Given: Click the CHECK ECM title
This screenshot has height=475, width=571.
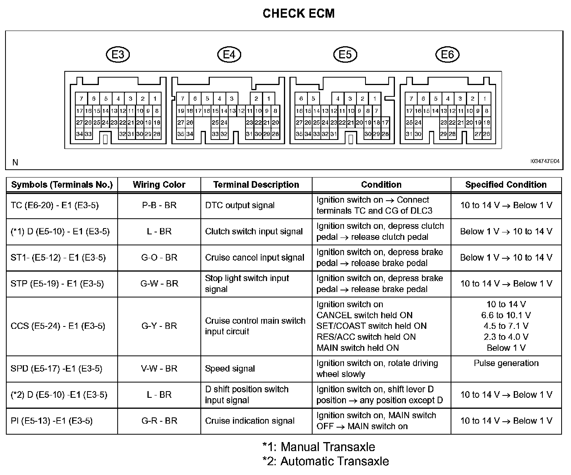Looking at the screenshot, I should [298, 13].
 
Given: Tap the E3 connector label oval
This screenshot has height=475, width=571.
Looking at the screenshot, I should [118, 54].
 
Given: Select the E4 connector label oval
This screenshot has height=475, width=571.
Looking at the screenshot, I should [229, 54].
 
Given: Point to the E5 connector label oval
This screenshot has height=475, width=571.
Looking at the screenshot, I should [345, 54].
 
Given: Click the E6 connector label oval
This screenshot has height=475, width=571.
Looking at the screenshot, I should [447, 54].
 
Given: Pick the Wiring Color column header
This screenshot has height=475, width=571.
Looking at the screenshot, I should [159, 185].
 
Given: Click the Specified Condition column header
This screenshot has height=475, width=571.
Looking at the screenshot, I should [506, 185].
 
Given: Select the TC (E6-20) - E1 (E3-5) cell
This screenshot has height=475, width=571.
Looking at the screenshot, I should [55, 205].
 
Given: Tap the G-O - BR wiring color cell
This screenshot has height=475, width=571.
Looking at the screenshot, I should [159, 257].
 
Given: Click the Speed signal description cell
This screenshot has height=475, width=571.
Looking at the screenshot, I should [230, 368].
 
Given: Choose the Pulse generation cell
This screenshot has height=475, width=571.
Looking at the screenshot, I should [506, 363].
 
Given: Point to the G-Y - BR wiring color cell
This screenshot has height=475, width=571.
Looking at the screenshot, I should [159, 326].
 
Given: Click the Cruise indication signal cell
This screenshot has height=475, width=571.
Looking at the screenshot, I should [250, 421].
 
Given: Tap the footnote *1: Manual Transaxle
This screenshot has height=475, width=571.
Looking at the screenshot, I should [318, 447].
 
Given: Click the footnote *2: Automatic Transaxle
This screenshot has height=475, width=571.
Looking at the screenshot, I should [326, 461].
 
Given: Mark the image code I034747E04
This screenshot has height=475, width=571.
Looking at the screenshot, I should [545, 161].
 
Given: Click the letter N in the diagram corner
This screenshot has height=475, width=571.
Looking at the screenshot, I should [15, 162].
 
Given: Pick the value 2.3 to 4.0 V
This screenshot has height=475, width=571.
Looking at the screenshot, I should [506, 337].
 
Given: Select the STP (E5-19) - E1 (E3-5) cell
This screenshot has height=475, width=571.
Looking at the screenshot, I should [57, 284].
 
